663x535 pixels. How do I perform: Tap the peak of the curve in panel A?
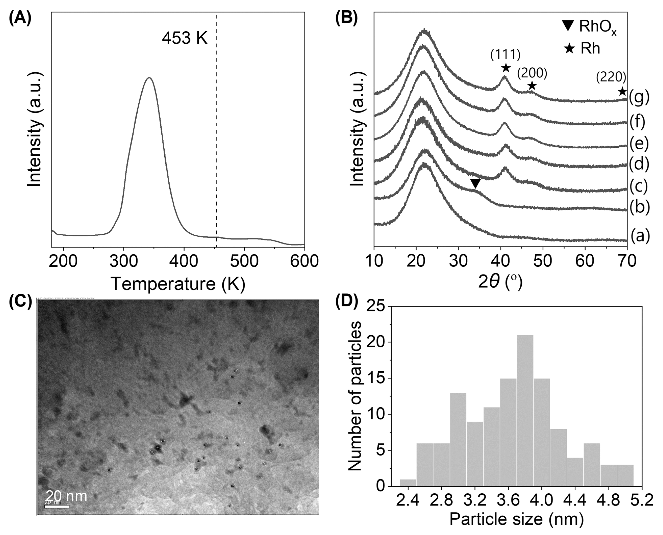coord(150,78)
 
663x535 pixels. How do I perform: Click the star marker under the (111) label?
coord(505,68)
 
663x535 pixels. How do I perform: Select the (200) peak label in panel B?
coord(532,73)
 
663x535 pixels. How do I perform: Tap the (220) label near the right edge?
coord(611,77)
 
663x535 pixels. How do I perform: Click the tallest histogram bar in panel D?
coord(525,410)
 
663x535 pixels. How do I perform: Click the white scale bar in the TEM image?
coord(57,506)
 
